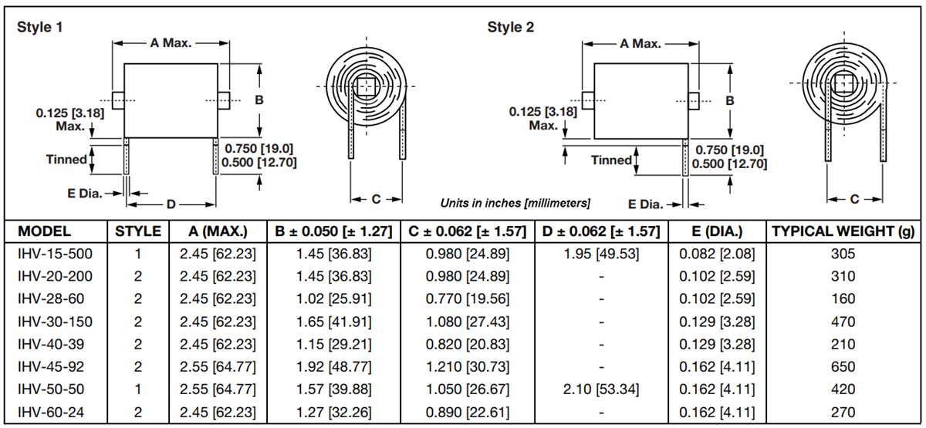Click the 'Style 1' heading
click(40, 27)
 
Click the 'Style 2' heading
click(510, 27)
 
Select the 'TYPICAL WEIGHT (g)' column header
click(843, 231)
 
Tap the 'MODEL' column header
click(44, 231)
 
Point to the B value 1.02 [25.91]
click(333, 298)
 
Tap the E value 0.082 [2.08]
click(717, 254)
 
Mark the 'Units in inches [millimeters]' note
click(515, 204)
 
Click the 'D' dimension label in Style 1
click(171, 204)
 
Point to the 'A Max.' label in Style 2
click(640, 43)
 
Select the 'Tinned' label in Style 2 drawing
click(610, 160)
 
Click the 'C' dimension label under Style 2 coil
click(855, 199)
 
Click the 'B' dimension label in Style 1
click(259, 100)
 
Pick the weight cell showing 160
click(843, 298)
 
